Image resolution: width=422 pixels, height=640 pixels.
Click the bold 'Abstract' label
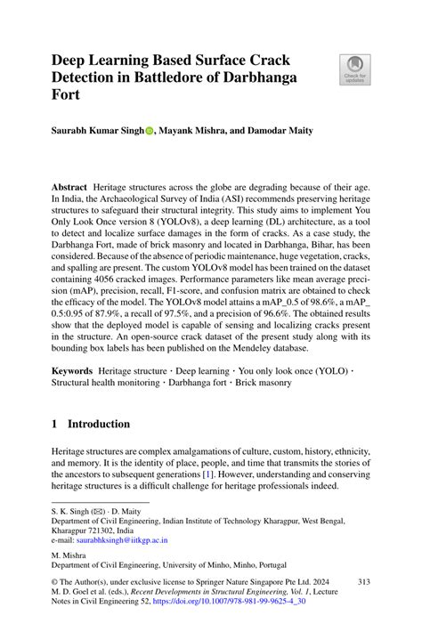point(69,188)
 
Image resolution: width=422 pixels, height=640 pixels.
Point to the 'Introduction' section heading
point(100,424)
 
